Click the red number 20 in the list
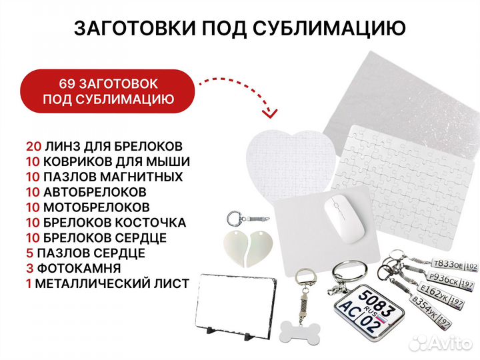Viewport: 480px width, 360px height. tap(33, 145)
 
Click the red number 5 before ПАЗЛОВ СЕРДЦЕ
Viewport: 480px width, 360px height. tap(29, 253)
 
